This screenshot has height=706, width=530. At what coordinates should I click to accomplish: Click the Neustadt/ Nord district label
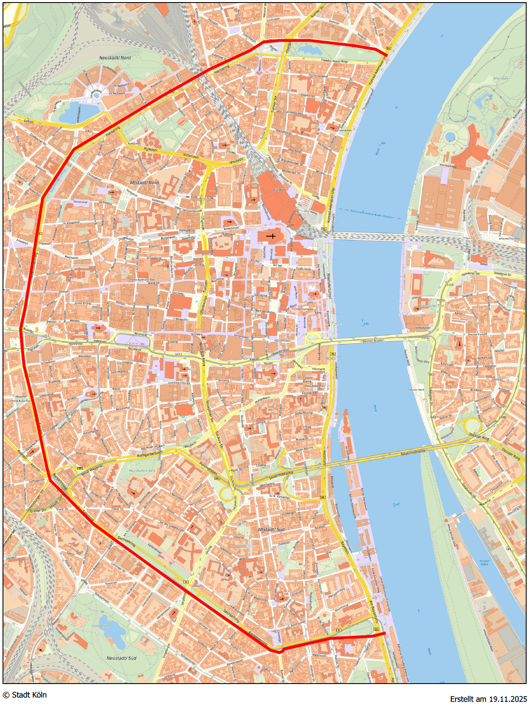pos(115,57)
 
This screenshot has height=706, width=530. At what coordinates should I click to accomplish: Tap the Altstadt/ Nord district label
pos(144,183)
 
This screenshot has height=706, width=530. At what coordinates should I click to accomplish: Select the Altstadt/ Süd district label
pos(271,529)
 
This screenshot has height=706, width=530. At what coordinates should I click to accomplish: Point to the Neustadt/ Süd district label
pos(121,658)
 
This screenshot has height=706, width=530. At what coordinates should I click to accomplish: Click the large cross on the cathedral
pos(271,236)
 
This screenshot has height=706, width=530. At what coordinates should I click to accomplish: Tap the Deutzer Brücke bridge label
pos(373,340)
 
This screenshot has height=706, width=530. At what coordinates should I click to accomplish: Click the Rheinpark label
pos(501,78)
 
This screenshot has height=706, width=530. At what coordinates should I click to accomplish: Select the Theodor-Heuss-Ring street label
pos(334,61)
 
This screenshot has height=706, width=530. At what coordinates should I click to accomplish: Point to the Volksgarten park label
pos(100,626)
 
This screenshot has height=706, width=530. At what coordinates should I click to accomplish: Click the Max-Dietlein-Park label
pos(142,471)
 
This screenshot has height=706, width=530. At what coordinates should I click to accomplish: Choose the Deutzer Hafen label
pos(484,563)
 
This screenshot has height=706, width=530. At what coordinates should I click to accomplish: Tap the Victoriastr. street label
pos(191,156)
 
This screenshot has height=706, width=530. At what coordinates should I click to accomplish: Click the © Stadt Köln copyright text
pos(25,695)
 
